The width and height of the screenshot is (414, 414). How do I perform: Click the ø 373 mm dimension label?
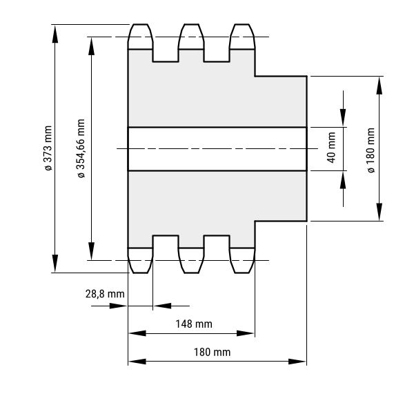pos(48,148)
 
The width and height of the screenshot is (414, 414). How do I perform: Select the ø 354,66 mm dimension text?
pos(81,148)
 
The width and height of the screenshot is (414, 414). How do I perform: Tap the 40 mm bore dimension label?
pos(331,148)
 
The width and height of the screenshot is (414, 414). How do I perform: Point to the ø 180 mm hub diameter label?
pos(371,150)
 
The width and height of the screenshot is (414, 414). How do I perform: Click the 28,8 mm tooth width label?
pos(105,294)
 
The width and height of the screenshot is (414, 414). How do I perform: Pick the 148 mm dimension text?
pos(194,324)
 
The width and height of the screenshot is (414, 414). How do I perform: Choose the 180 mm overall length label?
pos(212,352)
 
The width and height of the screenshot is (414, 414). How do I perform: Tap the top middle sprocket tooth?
pos(191,37)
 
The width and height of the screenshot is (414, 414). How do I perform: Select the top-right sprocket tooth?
pos(242,37)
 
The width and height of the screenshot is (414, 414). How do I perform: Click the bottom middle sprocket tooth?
pos(191,260)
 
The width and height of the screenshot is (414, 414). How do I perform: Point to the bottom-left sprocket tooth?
pos(140,260)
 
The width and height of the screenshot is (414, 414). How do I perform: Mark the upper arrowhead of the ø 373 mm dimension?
pos(55,34)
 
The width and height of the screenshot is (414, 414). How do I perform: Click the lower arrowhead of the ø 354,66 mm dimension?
pos(91,251)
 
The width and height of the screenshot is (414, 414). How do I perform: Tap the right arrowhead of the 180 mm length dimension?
pos(297,362)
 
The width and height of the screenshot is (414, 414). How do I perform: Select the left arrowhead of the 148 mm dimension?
pos(137,333)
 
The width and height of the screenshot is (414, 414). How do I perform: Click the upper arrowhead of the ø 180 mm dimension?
pos(379,86)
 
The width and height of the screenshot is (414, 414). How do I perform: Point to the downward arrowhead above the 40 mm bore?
pos(343,117)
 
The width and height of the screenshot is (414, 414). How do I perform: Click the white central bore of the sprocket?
pos(217,149)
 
